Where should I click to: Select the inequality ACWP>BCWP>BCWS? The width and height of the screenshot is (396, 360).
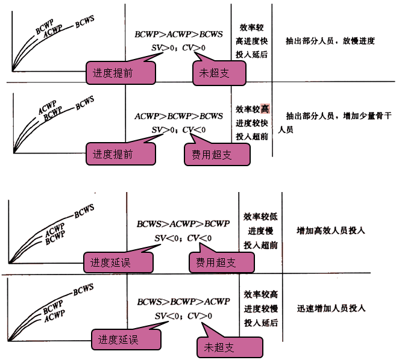click(x=178, y=116)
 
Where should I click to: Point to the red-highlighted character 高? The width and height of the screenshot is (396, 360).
click(x=265, y=108)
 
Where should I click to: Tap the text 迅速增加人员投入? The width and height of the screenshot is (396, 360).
click(x=332, y=309)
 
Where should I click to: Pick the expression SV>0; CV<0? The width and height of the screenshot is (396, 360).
click(x=178, y=129)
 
